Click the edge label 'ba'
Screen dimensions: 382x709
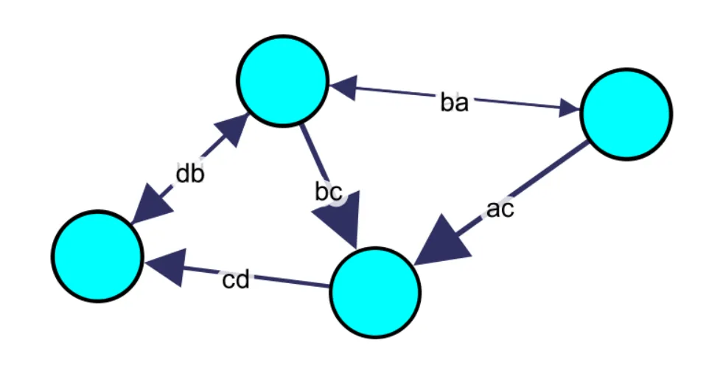tap(454, 103)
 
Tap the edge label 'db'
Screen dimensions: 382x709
tap(189, 175)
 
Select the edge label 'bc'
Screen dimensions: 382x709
tap(328, 192)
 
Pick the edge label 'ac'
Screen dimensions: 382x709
tap(500, 209)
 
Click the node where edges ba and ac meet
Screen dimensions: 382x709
tap(626, 114)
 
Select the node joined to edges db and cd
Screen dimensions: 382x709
tap(97, 256)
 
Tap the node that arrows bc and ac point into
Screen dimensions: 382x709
tap(374, 292)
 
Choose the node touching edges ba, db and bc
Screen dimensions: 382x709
tap(282, 80)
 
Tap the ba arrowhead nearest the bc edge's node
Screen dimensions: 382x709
tap(340, 88)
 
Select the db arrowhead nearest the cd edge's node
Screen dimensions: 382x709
tap(150, 209)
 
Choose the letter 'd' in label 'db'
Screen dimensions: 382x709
tap(183, 175)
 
